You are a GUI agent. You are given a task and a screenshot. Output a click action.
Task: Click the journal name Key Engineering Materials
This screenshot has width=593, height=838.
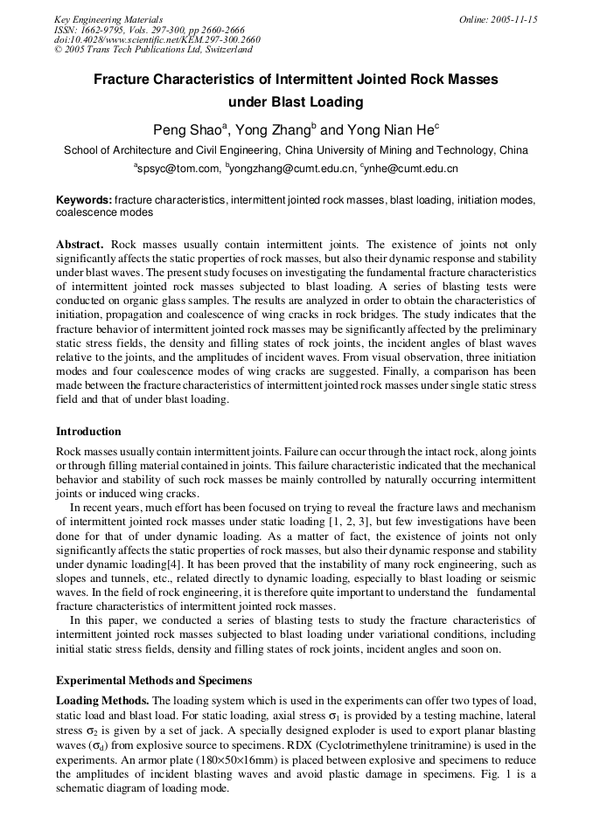pos(108,19)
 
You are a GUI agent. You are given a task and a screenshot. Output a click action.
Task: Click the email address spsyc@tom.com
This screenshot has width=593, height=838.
pos(178,169)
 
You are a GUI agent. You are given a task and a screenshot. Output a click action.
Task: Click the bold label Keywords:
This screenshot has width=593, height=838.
pos(84,200)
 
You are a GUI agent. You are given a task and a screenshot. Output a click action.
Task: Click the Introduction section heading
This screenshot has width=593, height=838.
pos(88,432)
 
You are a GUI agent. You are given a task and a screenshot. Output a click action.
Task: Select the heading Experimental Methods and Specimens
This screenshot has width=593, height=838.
pos(154,680)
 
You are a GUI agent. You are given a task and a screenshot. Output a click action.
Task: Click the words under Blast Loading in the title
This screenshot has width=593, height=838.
pos(296,101)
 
